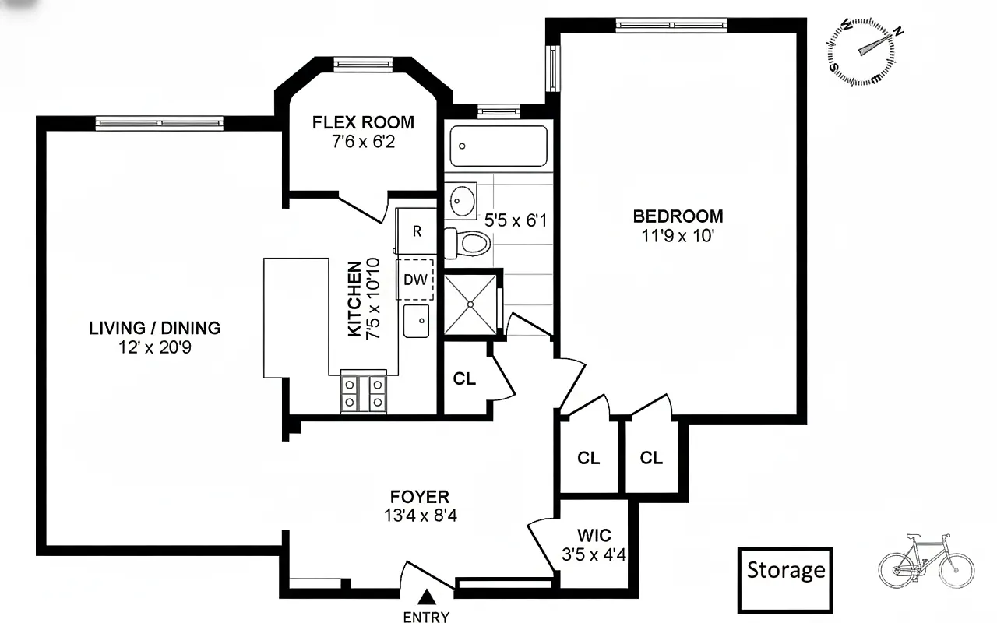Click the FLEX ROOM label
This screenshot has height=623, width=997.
pos(363,123)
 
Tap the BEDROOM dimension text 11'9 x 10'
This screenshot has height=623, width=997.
pos(678,236)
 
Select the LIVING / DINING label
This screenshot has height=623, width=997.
pos(154,328)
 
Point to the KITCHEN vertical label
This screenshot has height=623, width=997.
pos(354,299)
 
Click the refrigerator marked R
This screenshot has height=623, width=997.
pos(417,231)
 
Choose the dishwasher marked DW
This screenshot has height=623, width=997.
pos(415,280)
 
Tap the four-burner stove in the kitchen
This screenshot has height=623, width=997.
pos(364,393)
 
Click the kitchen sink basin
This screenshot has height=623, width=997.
pos(417,321)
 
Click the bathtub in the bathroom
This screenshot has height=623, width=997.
pos(498,146)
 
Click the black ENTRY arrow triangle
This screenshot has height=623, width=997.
pos(426,598)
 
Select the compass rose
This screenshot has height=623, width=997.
pos(861,51)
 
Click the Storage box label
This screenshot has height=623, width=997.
pos(785,571)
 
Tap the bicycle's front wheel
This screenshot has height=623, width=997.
pos(956,568)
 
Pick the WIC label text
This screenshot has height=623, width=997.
pos(594,536)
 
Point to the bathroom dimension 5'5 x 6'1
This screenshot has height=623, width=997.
pos(515,220)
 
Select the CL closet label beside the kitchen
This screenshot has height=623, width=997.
pos(464,379)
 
